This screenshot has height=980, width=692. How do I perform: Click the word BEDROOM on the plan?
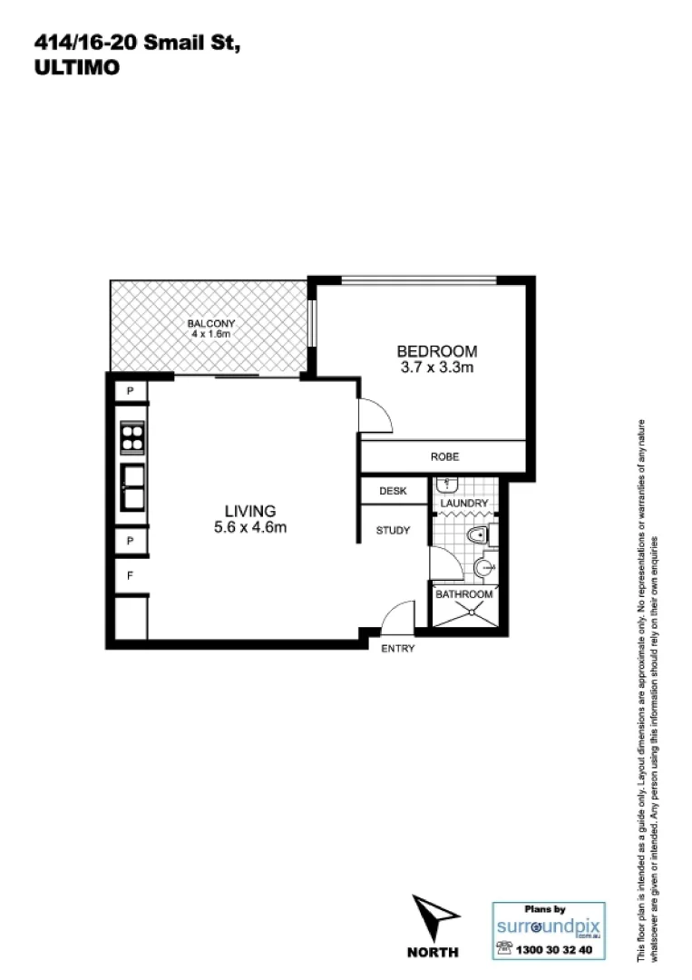pos(436,351)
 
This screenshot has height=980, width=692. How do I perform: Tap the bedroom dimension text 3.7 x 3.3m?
pos(436,367)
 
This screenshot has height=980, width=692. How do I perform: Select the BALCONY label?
pos(211,324)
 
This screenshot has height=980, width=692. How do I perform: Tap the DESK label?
pos(392,491)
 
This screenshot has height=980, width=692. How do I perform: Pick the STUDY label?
pos(393,531)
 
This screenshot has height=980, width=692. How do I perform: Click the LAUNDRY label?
pos(464,504)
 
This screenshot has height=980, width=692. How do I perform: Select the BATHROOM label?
pos(464,594)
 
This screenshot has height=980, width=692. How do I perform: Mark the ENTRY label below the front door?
pos(397,648)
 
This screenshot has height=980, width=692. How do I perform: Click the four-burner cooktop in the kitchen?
pos(133,438)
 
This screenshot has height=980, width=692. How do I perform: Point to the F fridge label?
pos(131,575)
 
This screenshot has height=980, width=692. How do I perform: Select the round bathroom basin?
pos(483,569)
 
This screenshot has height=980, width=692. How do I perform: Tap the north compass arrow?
pos(433,916)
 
